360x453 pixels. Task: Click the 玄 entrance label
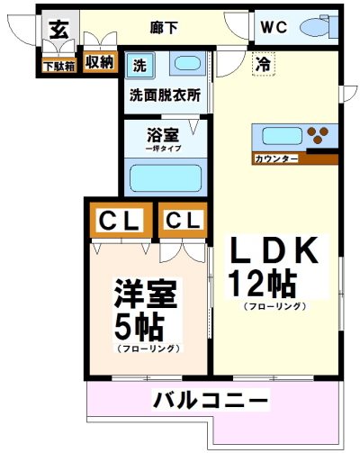(x=58, y=29)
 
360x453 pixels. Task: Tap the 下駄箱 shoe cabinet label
(x=59, y=65)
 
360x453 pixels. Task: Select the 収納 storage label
(x=99, y=62)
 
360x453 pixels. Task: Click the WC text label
(x=274, y=26)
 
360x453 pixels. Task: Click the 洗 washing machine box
(x=139, y=65)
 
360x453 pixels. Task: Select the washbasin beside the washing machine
(x=186, y=65)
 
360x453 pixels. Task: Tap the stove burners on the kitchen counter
(x=319, y=137)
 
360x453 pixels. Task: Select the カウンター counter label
(x=277, y=159)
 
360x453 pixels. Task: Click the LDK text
(x=274, y=253)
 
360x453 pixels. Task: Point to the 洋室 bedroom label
(x=147, y=294)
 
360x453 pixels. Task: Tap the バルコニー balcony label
(x=210, y=399)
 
